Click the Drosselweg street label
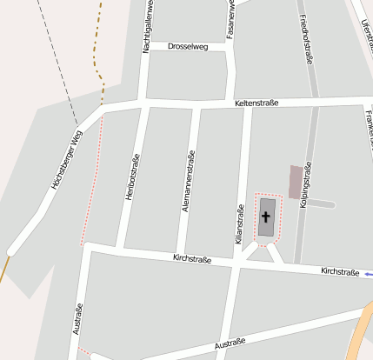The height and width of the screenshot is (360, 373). (x=188, y=46)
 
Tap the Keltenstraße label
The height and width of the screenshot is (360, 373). (x=256, y=103)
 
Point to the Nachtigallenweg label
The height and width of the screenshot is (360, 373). (x=148, y=26)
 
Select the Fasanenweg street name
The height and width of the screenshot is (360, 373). (x=230, y=19)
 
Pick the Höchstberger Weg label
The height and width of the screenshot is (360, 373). (x=66, y=160)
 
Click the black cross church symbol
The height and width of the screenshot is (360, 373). (x=266, y=216)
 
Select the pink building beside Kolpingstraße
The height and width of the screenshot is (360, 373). (x=296, y=180)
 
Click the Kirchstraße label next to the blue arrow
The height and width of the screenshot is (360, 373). (x=340, y=272)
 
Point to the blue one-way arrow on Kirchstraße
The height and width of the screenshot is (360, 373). (x=369, y=274)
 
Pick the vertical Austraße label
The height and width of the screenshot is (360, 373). (x=79, y=319)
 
